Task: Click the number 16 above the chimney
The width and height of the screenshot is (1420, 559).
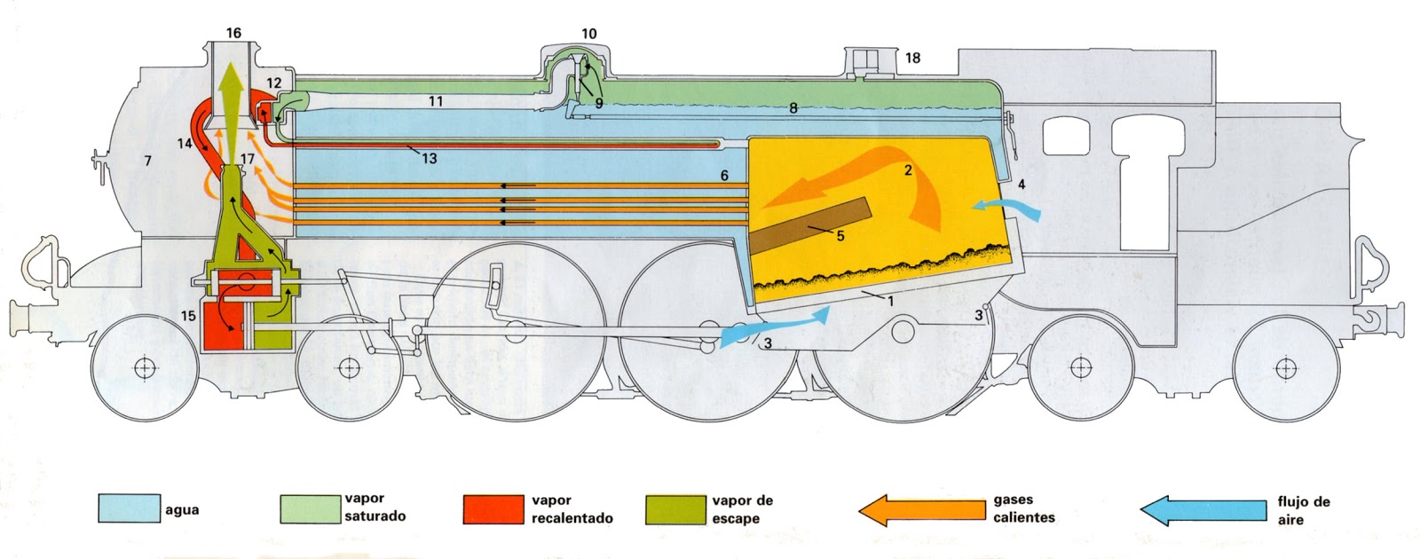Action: [x=233, y=34]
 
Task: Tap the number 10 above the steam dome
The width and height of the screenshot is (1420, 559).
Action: [x=589, y=34]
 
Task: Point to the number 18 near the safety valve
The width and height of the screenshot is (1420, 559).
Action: [x=912, y=59]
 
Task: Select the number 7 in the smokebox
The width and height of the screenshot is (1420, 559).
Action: [x=147, y=161]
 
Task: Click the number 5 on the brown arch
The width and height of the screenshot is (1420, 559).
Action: [x=840, y=235]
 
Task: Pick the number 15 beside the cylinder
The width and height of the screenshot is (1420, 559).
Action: [x=188, y=316]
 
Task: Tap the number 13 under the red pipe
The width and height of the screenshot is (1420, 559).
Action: [x=430, y=159]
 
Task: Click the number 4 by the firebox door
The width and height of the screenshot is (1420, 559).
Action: [x=1022, y=185]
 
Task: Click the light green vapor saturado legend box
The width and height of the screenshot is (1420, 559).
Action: [x=309, y=508]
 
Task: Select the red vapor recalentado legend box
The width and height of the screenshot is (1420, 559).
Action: [x=493, y=508]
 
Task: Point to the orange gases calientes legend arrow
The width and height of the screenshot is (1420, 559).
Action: [x=919, y=509]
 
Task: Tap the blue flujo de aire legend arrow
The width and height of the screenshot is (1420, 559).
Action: [x=1203, y=509]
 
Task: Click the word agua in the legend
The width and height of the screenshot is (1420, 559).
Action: [x=182, y=510]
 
